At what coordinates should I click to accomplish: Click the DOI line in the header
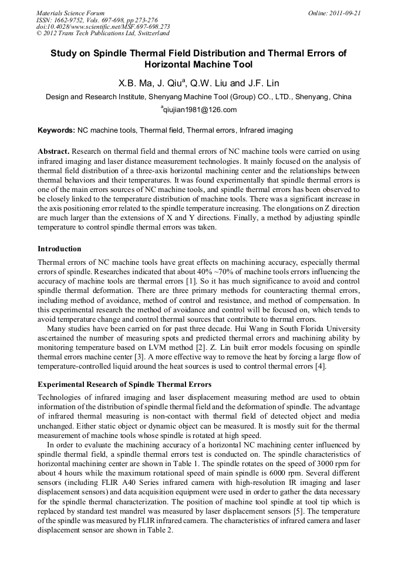[103, 26]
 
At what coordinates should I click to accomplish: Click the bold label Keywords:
[56, 130]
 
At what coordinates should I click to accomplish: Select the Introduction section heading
[59, 249]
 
